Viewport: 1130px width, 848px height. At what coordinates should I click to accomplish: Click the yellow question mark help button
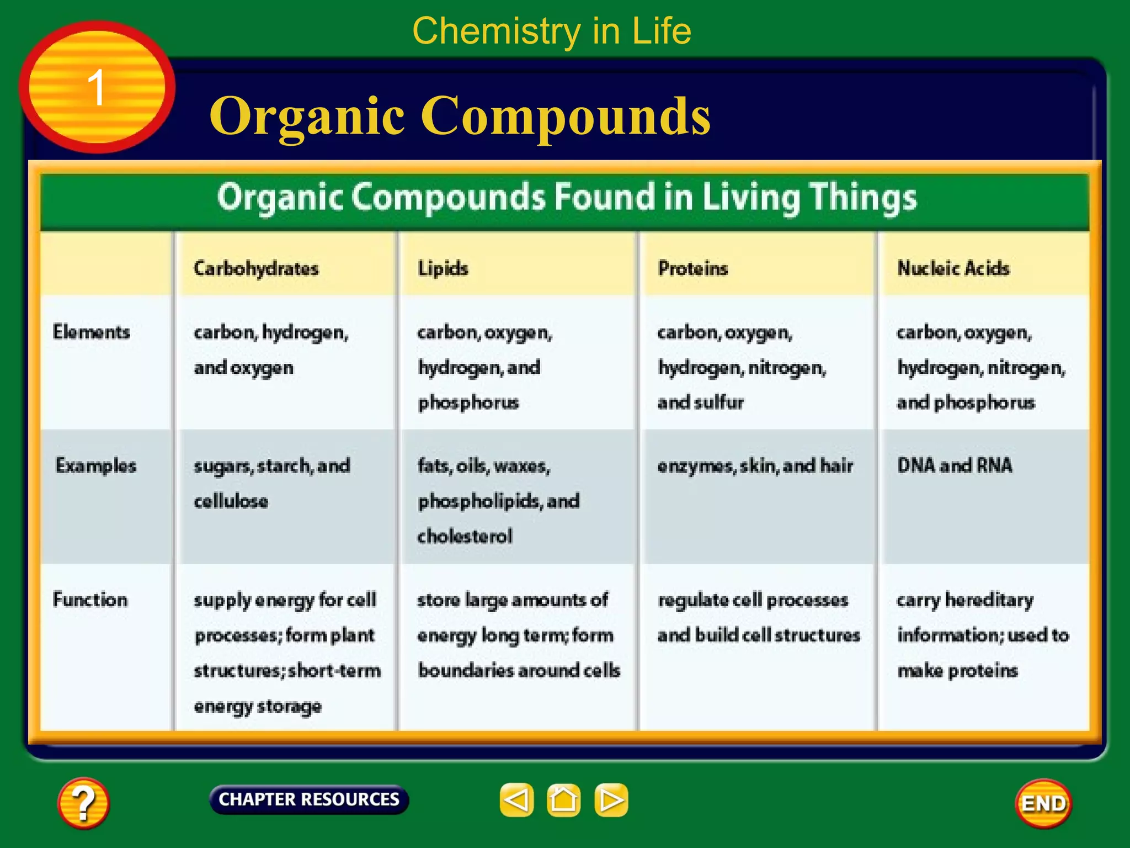click(x=83, y=803)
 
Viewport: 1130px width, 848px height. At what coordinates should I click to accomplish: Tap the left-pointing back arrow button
click(x=516, y=799)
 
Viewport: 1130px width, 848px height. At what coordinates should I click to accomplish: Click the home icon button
click(x=563, y=799)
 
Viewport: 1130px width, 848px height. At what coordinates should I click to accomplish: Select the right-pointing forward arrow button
click(x=611, y=799)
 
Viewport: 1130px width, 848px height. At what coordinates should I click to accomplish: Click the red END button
click(x=1043, y=803)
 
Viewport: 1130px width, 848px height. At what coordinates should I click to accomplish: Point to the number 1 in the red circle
click(x=97, y=88)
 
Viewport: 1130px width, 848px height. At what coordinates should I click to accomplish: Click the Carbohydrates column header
click(x=256, y=269)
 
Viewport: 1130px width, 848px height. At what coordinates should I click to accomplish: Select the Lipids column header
click(x=443, y=269)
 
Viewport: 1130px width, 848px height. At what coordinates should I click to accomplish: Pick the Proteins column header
click(x=693, y=269)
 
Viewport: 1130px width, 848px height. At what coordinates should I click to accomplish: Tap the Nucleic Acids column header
click(x=953, y=269)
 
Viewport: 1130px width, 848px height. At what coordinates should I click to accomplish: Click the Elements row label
click(x=92, y=332)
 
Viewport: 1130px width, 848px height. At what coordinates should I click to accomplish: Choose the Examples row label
click(x=95, y=466)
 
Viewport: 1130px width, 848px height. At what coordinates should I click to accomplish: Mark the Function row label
click(x=90, y=600)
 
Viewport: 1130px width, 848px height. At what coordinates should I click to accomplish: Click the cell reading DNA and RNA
click(x=955, y=465)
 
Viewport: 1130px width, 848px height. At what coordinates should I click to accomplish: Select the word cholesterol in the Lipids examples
click(x=465, y=536)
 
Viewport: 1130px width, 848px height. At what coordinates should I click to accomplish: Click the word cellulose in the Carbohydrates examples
click(x=231, y=501)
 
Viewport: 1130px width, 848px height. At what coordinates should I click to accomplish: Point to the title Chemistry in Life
click(x=552, y=31)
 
